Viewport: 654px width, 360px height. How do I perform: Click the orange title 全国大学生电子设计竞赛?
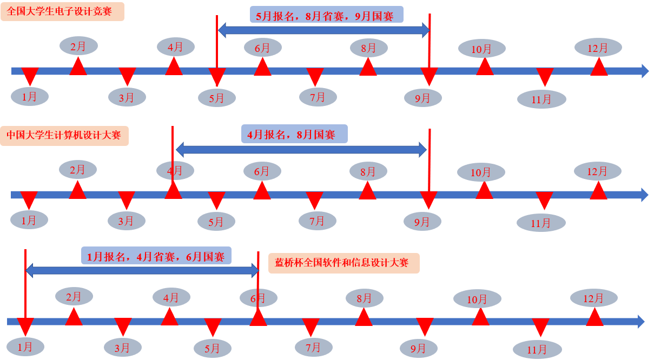pos(62,11)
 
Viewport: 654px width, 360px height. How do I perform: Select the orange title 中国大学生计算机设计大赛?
pos(64,135)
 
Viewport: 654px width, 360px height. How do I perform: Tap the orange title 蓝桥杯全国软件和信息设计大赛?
pos(343,263)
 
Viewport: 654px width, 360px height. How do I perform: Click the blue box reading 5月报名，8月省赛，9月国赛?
pos(326,15)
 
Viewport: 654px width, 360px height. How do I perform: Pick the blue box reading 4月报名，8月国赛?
pos(294,134)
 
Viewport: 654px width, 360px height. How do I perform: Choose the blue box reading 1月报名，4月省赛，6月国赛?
pos(156,256)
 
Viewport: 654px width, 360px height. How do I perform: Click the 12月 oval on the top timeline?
pos(598,48)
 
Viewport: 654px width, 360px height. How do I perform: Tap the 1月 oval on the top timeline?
pos(30,97)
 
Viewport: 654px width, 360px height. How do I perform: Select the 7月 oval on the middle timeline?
pos(317,221)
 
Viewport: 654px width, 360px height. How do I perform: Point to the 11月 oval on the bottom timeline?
pos(537,350)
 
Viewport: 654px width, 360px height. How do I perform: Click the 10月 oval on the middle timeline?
pos(481,172)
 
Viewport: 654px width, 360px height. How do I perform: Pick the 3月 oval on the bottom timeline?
pos(122,348)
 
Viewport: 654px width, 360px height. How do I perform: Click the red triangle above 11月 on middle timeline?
pos(544,199)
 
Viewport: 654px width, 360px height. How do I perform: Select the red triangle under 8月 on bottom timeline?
pos(364,317)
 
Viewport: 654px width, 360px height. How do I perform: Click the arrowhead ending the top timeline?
pos(645,71)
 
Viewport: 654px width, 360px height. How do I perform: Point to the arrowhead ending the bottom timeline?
pos(641,322)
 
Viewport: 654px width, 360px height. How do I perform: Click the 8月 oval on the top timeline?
pos(368,48)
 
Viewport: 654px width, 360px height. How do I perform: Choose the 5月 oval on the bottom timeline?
pos(213,349)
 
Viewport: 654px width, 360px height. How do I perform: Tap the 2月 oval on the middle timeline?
pos(78,170)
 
